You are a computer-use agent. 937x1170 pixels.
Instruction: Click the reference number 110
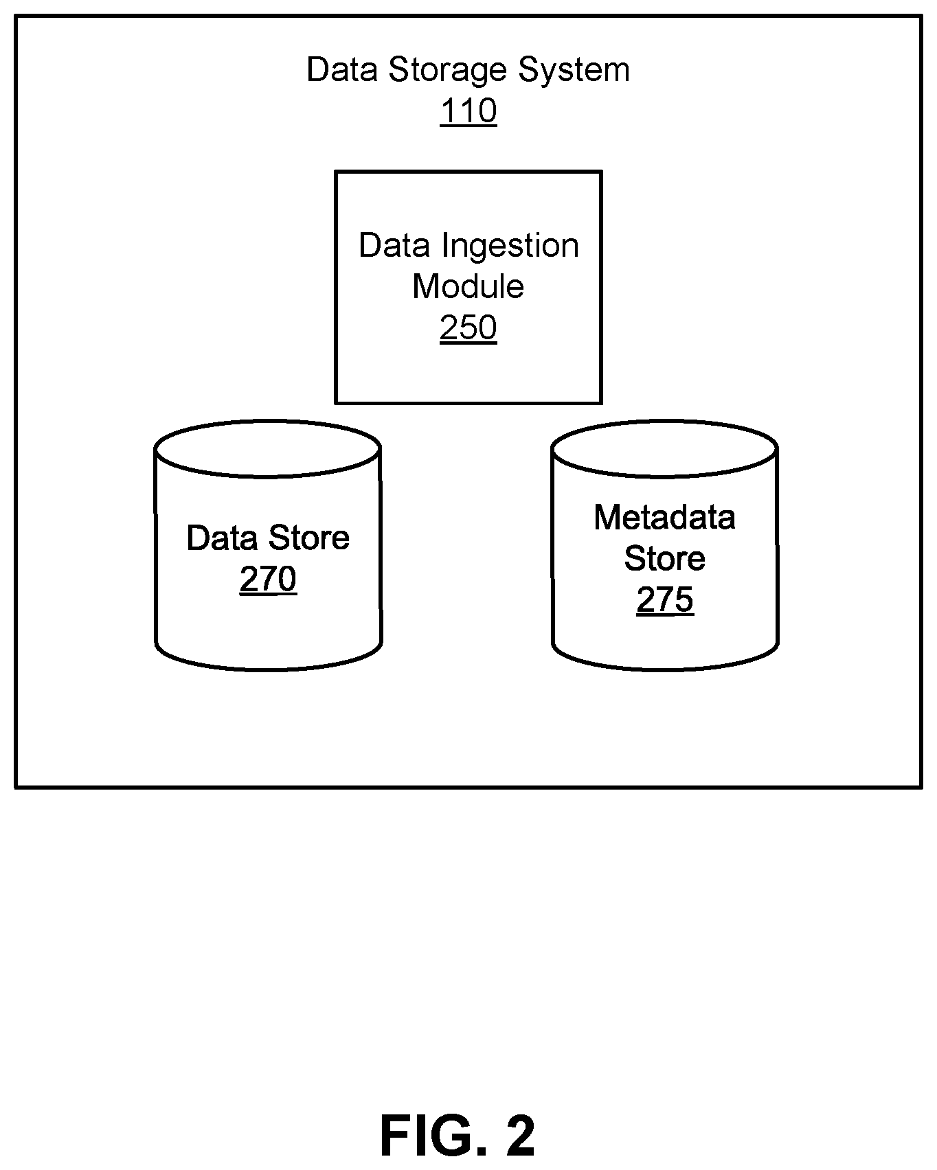(x=468, y=111)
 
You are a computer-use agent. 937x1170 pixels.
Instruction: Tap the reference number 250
(x=468, y=328)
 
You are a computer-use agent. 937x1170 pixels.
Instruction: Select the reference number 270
(x=268, y=579)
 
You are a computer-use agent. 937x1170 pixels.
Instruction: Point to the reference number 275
(x=665, y=599)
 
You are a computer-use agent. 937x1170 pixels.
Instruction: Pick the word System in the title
(x=574, y=70)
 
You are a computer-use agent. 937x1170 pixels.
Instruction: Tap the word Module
(x=468, y=286)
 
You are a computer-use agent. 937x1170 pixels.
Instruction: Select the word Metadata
(x=665, y=517)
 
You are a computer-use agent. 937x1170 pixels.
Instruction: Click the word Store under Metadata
(x=665, y=558)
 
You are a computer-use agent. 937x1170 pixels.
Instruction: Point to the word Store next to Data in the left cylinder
(x=309, y=538)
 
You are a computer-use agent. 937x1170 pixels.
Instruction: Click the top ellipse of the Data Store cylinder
(x=268, y=421)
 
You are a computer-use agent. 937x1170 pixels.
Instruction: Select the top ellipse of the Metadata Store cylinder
(x=665, y=421)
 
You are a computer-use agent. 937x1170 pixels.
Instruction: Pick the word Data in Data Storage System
(x=343, y=70)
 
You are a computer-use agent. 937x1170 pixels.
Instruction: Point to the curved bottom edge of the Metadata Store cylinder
(x=665, y=669)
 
